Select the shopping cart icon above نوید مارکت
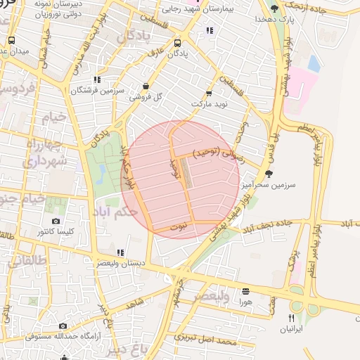click(x=208, y=94)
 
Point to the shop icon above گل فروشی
click(x=146, y=86)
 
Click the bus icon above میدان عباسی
click(x=12, y=40)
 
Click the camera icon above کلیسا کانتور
click(x=56, y=221)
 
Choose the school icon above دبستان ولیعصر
click(x=120, y=252)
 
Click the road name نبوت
click(x=180, y=226)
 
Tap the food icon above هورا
click(x=245, y=291)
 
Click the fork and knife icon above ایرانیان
click(x=292, y=318)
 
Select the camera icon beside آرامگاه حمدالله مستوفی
click(x=63, y=326)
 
